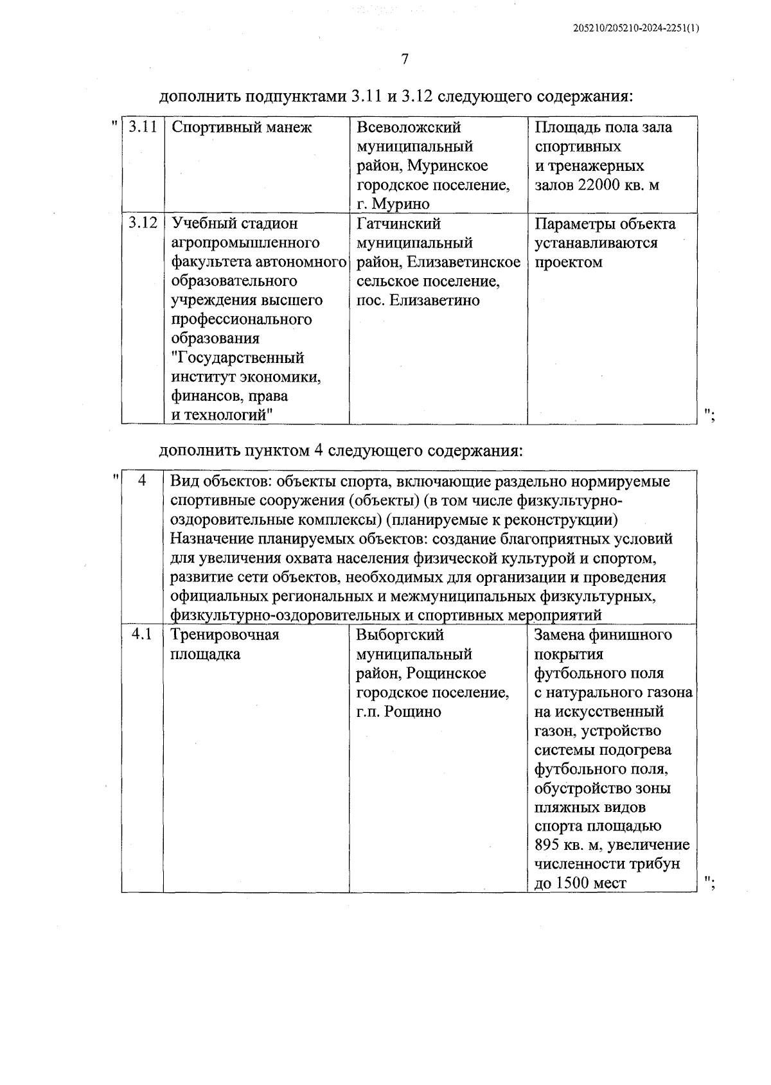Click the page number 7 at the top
(405, 60)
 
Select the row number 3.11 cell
(143, 127)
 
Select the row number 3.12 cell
(143, 223)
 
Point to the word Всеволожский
(409, 127)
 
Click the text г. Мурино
(393, 204)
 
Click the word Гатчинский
(398, 224)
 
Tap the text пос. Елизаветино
(418, 301)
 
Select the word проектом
(569, 262)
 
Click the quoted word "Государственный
(238, 358)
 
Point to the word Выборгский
(400, 635)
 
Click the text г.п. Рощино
(398, 712)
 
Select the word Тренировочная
(225, 635)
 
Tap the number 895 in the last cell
(548, 845)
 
